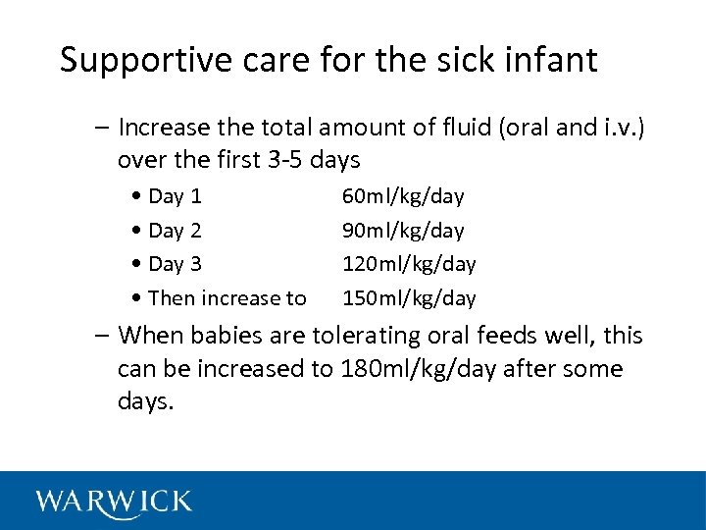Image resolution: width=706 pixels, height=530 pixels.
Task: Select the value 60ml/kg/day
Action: coord(403,196)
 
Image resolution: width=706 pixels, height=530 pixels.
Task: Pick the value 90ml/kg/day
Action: coord(403,231)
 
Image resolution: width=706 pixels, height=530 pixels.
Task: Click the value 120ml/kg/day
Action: coord(409,264)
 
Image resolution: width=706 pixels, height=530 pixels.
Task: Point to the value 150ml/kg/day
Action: coord(409,298)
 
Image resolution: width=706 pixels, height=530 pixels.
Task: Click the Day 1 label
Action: coord(175,196)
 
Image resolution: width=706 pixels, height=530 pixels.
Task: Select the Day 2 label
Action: coord(175,231)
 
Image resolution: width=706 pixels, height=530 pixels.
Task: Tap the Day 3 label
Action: coord(175,264)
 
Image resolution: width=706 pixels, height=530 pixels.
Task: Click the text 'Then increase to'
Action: coord(227,298)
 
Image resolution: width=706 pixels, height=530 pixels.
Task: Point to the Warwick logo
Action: coord(114,502)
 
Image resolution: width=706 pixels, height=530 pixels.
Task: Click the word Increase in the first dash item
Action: coord(162,128)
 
